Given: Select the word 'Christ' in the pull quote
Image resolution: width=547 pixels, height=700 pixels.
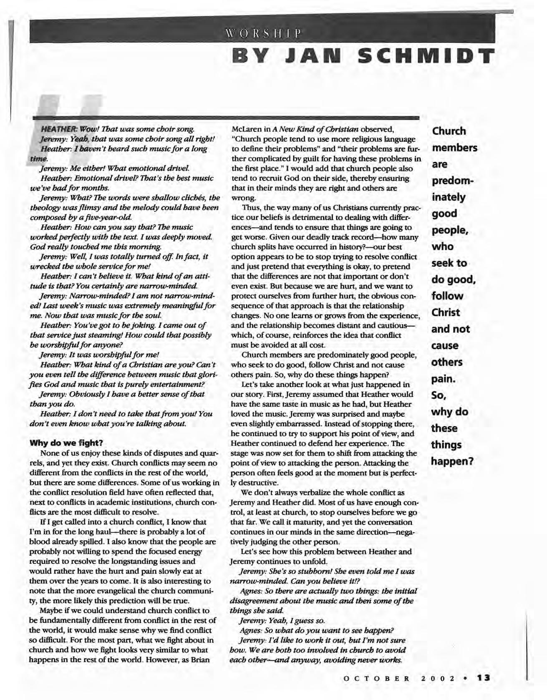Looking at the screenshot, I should point(446,312).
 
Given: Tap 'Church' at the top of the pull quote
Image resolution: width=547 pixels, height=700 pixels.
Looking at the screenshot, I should point(449,131).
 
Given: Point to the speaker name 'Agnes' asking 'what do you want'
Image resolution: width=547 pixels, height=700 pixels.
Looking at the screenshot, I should point(250,630).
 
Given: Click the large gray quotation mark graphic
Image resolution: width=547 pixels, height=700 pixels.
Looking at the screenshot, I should point(63,121).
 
